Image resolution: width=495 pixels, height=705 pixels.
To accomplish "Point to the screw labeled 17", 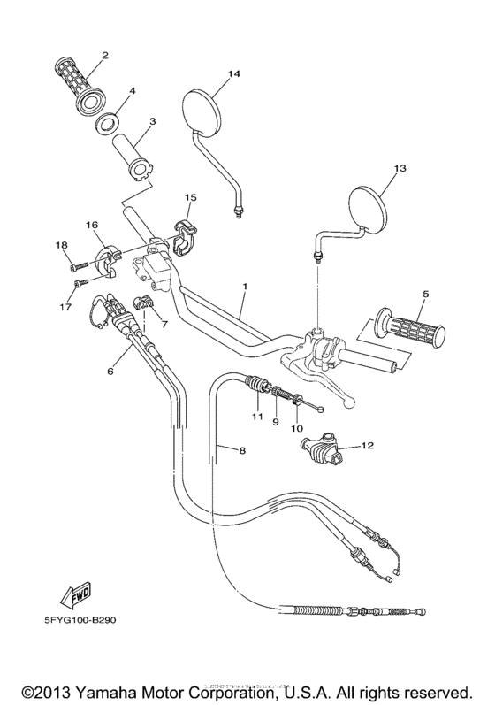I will pyautogui.click(x=79, y=282).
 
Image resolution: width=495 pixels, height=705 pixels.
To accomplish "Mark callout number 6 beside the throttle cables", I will pyautogui.click(x=110, y=372).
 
